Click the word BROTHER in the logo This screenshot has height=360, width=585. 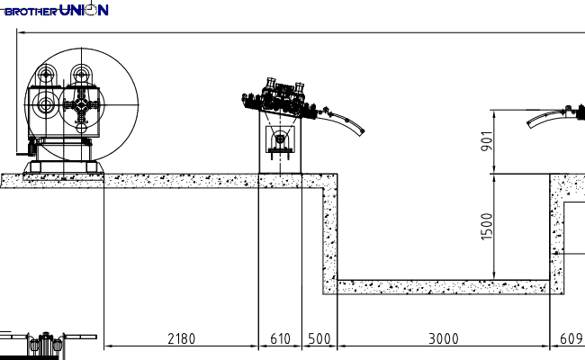pyautogui.click(x=31, y=12)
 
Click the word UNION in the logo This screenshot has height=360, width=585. pyautogui.click(x=84, y=10)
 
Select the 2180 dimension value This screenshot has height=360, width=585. pyautogui.click(x=181, y=338)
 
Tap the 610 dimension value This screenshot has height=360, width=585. pyautogui.click(x=280, y=338)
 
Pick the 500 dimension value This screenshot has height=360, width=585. pyautogui.click(x=319, y=338)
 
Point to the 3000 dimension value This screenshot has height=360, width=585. pyautogui.click(x=443, y=338)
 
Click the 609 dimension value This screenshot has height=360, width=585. pyautogui.click(x=571, y=338)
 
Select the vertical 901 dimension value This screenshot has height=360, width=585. pyautogui.click(x=487, y=141)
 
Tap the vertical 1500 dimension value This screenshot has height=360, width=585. pyautogui.click(x=487, y=227)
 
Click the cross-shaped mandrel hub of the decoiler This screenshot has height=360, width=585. pyautogui.click(x=81, y=105)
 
